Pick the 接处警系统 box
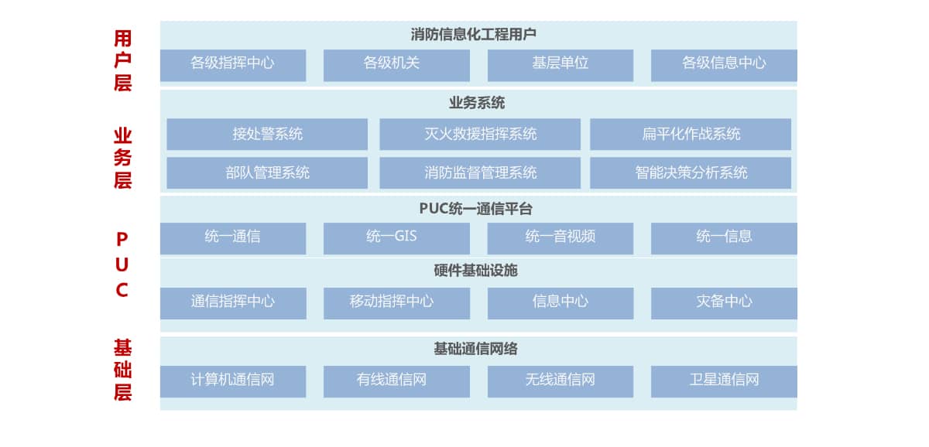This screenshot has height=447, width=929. point(267,134)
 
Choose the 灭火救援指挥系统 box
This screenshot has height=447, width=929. point(480,134)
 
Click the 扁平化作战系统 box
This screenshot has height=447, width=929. point(691,134)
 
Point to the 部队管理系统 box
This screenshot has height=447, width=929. point(267,172)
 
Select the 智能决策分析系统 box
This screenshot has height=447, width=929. point(691,172)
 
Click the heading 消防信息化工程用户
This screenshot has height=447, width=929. point(473,35)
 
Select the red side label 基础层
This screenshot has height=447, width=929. point(122,370)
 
